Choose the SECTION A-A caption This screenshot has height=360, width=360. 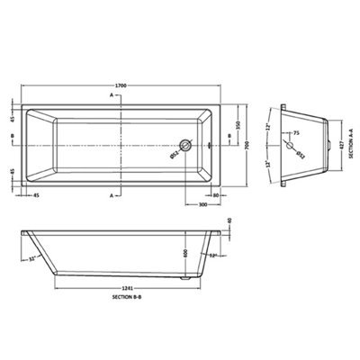351,142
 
